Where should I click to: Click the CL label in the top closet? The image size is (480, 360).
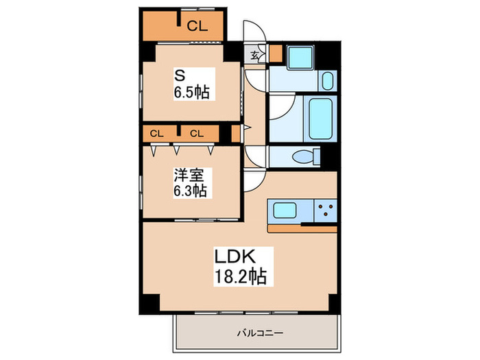pos(197,27)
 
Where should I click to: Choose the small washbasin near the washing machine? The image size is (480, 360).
pos(326,81)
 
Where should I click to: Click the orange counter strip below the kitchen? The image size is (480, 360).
pos(302,229)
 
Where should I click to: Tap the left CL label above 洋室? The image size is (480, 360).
pos(156,133)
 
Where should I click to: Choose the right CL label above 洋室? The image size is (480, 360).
pos(197,133)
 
